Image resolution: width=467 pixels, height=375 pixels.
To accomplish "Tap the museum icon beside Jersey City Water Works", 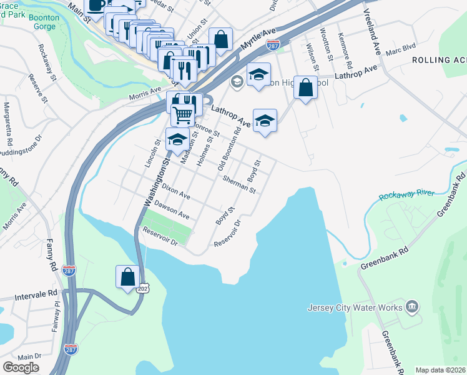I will tap(411, 306).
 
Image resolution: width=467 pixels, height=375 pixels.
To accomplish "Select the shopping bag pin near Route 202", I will tap(128, 277).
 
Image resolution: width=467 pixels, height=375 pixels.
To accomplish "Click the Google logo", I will tap(21, 367).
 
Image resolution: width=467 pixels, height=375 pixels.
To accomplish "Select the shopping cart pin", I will tap(182, 114).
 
